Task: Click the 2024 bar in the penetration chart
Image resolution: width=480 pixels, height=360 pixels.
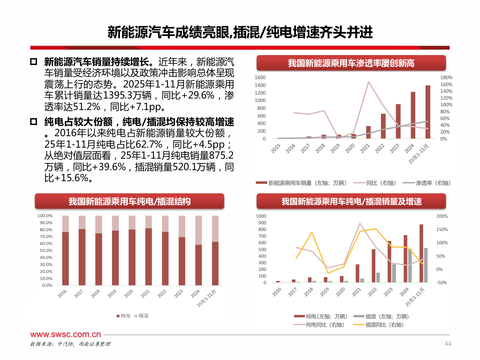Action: (x=413, y=115)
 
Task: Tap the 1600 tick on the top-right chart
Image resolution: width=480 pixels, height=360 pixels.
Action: (x=260, y=77)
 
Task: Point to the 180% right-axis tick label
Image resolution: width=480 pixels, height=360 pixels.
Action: (x=446, y=77)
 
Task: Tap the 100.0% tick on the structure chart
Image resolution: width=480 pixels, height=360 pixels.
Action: (x=45, y=216)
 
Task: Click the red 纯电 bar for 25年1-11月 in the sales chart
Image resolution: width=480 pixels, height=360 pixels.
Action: (x=421, y=253)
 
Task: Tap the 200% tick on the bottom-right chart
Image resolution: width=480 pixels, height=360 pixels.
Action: (x=442, y=216)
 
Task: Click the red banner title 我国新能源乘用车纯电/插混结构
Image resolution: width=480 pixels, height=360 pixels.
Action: (x=129, y=201)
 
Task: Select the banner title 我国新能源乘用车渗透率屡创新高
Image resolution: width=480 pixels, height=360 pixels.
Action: (x=351, y=63)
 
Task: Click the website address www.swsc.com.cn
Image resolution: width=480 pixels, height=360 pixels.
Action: (x=65, y=334)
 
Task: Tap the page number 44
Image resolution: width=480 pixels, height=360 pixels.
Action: (x=448, y=344)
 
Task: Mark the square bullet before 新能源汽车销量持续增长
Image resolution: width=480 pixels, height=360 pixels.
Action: (x=34, y=62)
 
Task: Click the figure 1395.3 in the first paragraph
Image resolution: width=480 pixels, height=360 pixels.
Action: (x=117, y=95)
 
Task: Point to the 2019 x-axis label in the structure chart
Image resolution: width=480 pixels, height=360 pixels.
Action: (x=112, y=293)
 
